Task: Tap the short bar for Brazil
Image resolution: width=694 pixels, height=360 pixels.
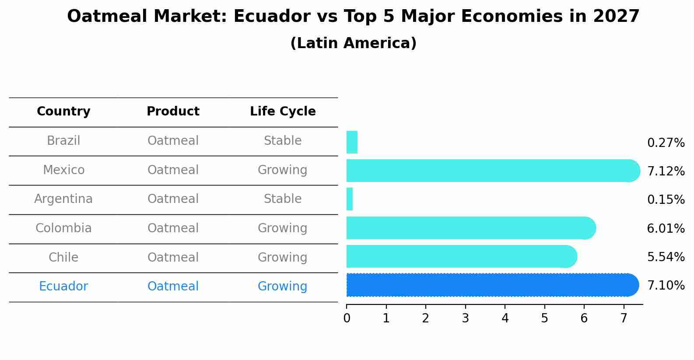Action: coord(352,142)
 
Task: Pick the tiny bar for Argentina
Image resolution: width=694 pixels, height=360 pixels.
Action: coord(350,199)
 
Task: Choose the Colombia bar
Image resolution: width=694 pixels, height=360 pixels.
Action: coord(470,228)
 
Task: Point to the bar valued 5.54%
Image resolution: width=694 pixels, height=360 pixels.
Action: coord(462,256)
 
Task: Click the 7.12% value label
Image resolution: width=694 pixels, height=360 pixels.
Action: coord(666,171)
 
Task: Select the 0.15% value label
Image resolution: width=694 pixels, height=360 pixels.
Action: coord(666,199)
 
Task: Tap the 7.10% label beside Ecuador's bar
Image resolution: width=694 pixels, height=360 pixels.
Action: coord(666,285)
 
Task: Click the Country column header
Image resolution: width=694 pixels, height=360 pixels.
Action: coord(63,112)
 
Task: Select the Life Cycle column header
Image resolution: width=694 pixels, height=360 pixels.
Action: coord(283,112)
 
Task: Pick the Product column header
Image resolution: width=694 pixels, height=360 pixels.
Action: coord(173,112)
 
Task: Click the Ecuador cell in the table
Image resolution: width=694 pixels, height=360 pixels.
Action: coord(63,287)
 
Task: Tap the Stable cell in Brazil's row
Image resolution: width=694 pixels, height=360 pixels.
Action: coord(283,141)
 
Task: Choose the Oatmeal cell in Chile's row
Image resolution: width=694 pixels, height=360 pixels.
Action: coord(173,257)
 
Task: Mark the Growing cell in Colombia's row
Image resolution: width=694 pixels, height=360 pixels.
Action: coord(283,228)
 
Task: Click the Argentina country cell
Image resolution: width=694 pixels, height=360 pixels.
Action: coord(63,199)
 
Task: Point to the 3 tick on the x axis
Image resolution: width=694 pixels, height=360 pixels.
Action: coord(465,318)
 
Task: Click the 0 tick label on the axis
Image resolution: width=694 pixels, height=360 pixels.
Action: coord(347,318)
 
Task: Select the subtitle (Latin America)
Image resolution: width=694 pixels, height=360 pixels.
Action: coord(353,43)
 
